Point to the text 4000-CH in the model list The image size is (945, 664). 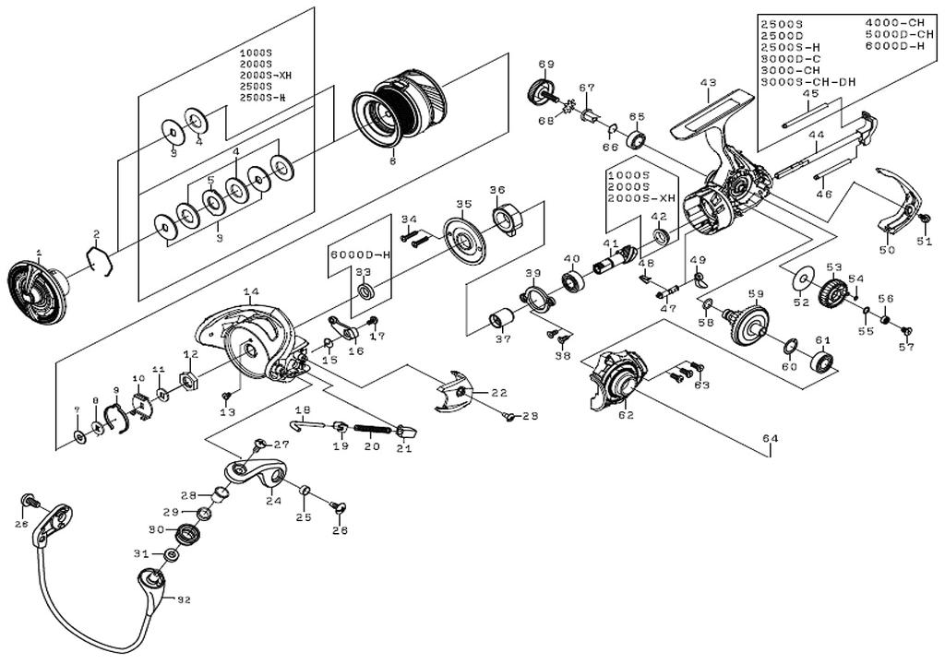[891, 23]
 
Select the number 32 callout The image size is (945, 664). [182, 600]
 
